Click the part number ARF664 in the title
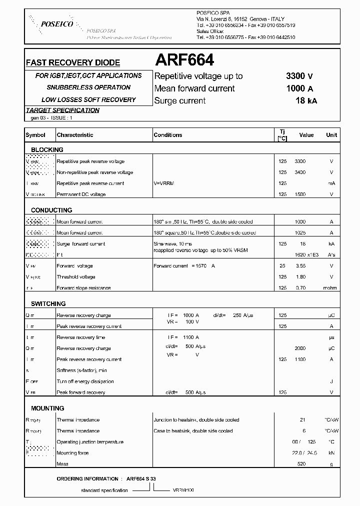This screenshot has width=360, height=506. click(x=184, y=60)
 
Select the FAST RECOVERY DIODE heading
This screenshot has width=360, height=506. click(x=73, y=63)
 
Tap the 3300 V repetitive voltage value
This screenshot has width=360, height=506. click(x=299, y=76)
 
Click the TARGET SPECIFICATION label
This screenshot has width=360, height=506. click(x=62, y=110)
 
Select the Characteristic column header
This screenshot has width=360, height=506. click(x=75, y=135)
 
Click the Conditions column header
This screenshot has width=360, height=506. click(x=168, y=135)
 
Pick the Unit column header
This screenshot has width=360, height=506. click(x=331, y=135)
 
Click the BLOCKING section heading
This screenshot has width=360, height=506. click(x=47, y=149)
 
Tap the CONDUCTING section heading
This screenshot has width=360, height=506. click(x=51, y=210)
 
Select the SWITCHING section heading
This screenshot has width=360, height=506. click(x=48, y=304)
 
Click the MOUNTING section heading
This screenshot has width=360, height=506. click(x=47, y=408)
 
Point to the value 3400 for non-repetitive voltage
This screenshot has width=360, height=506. click(x=300, y=172)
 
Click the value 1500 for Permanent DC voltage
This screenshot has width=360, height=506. click(x=300, y=194)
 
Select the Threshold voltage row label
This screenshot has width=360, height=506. click(x=76, y=277)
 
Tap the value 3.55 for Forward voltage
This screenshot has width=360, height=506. click(x=300, y=266)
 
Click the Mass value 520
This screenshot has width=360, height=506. click(x=301, y=464)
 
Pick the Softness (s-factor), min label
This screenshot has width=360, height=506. click(x=81, y=370)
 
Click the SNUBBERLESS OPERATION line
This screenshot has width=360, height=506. click(x=88, y=87)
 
